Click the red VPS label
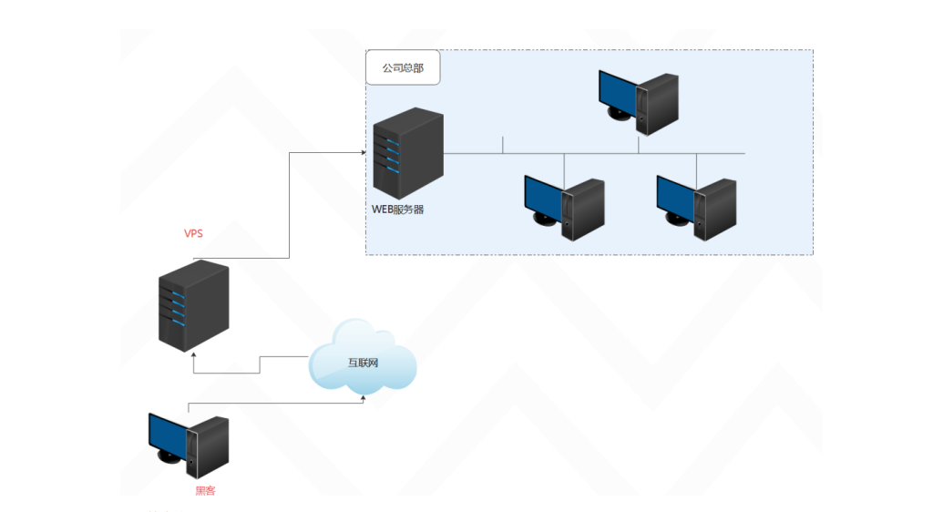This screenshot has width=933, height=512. click(x=193, y=233)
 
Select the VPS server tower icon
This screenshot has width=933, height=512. click(x=193, y=306)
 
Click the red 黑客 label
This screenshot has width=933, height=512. click(x=205, y=491)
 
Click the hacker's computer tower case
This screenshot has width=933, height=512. click(x=207, y=446)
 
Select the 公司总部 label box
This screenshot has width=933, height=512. click(x=403, y=68)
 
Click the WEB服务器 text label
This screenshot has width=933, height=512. click(x=397, y=210)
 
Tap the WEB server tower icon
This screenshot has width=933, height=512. click(x=407, y=153)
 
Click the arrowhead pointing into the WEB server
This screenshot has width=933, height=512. click(x=362, y=153)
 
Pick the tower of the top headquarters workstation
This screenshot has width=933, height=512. click(x=658, y=99)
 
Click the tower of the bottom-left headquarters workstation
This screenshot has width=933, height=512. click(x=583, y=209)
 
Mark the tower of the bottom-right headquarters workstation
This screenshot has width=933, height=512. click(x=715, y=209)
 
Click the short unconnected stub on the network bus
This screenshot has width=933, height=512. click(x=503, y=145)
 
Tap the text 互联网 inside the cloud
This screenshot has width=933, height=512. click(x=363, y=363)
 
